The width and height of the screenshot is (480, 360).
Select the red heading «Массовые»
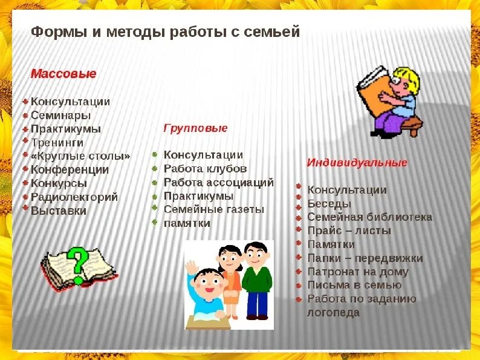(63, 74)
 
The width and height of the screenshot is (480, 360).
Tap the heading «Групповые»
(195, 128)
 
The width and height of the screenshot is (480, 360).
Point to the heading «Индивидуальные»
(357, 163)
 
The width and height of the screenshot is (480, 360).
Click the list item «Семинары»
(60, 115)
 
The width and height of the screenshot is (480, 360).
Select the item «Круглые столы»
(80, 156)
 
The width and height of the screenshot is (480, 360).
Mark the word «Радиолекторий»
(74, 197)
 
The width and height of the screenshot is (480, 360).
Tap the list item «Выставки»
(59, 211)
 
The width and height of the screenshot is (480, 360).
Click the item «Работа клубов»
(205, 169)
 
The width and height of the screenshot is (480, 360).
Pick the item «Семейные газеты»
(214, 209)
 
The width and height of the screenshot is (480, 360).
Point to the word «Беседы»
(329, 204)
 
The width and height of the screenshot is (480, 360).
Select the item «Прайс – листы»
(349, 231)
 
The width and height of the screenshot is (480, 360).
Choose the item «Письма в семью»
(354, 285)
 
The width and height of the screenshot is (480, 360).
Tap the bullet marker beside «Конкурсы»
(25, 183)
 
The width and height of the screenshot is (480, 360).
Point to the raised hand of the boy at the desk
(192, 266)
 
